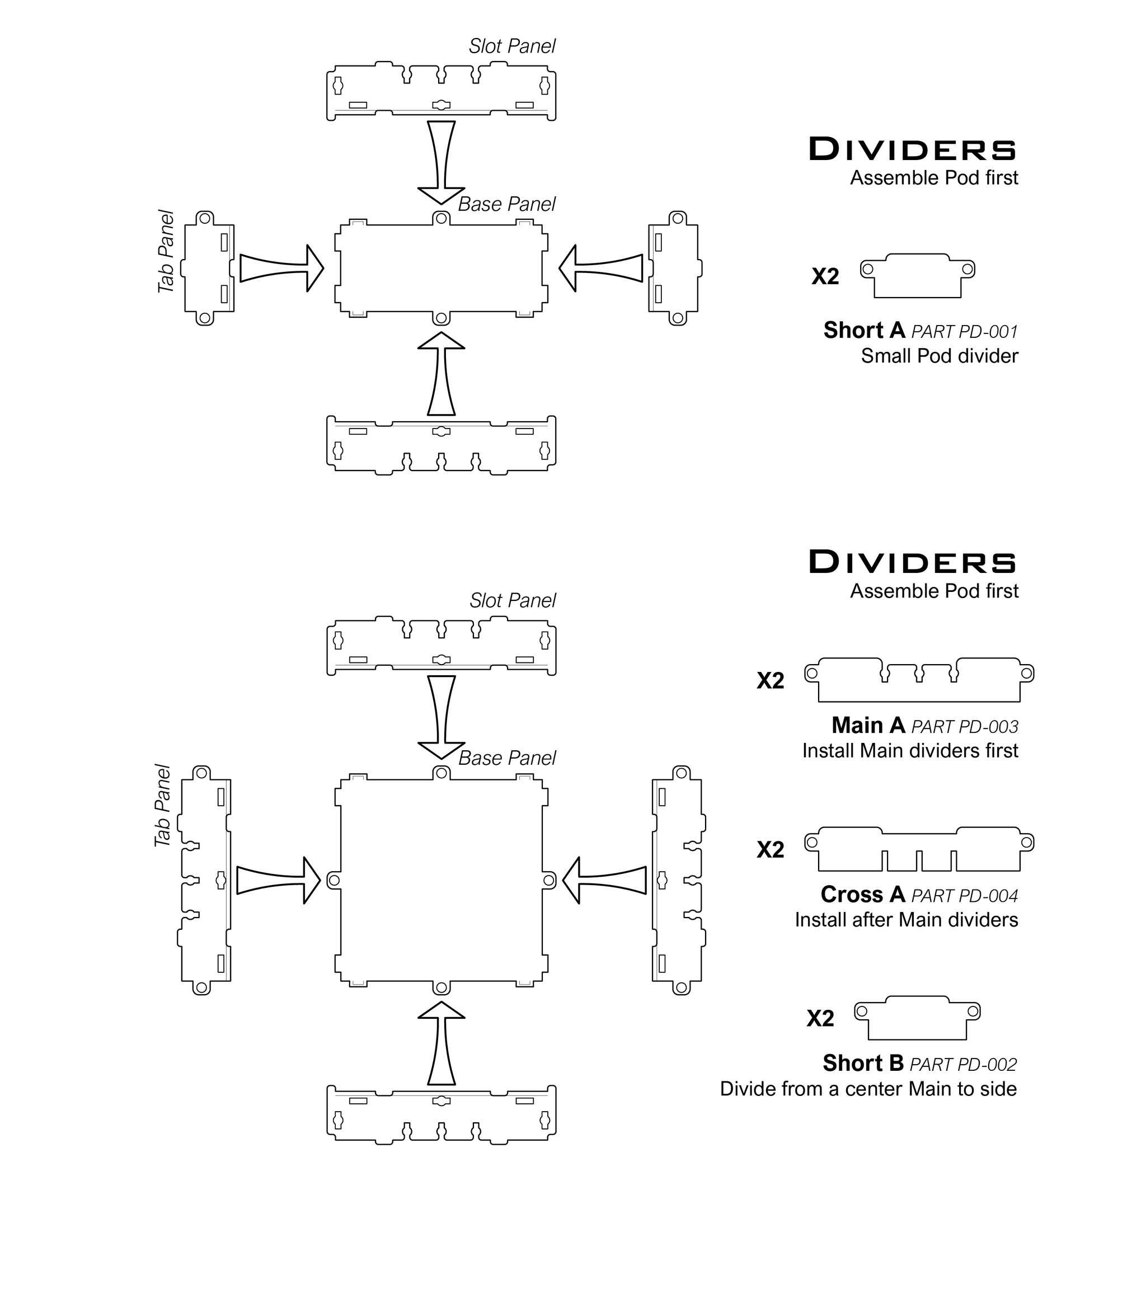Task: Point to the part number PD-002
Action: [963, 1065]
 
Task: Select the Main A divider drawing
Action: [919, 680]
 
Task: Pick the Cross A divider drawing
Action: [919, 849]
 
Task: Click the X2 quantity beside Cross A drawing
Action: [770, 850]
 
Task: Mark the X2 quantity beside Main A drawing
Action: [770, 681]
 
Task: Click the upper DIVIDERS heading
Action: [913, 149]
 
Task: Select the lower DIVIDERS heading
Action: [913, 562]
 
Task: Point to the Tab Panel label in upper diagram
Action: [166, 252]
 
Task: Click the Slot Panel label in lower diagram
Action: [512, 601]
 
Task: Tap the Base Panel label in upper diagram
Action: [506, 204]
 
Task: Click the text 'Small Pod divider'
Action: [939, 356]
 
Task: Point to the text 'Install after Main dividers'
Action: [906, 920]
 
